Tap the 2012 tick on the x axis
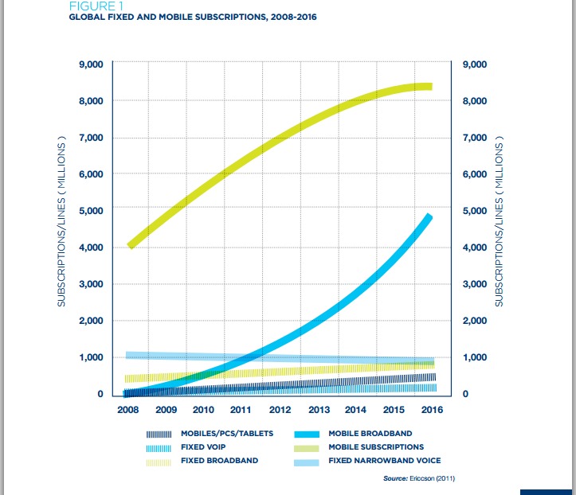coord(280,410)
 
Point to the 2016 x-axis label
coord(432,410)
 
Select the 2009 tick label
coord(165,410)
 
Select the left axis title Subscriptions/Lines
coord(61,227)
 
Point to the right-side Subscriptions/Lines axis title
coord(500,227)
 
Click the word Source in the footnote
coord(396,479)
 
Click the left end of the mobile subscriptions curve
coord(131,245)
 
